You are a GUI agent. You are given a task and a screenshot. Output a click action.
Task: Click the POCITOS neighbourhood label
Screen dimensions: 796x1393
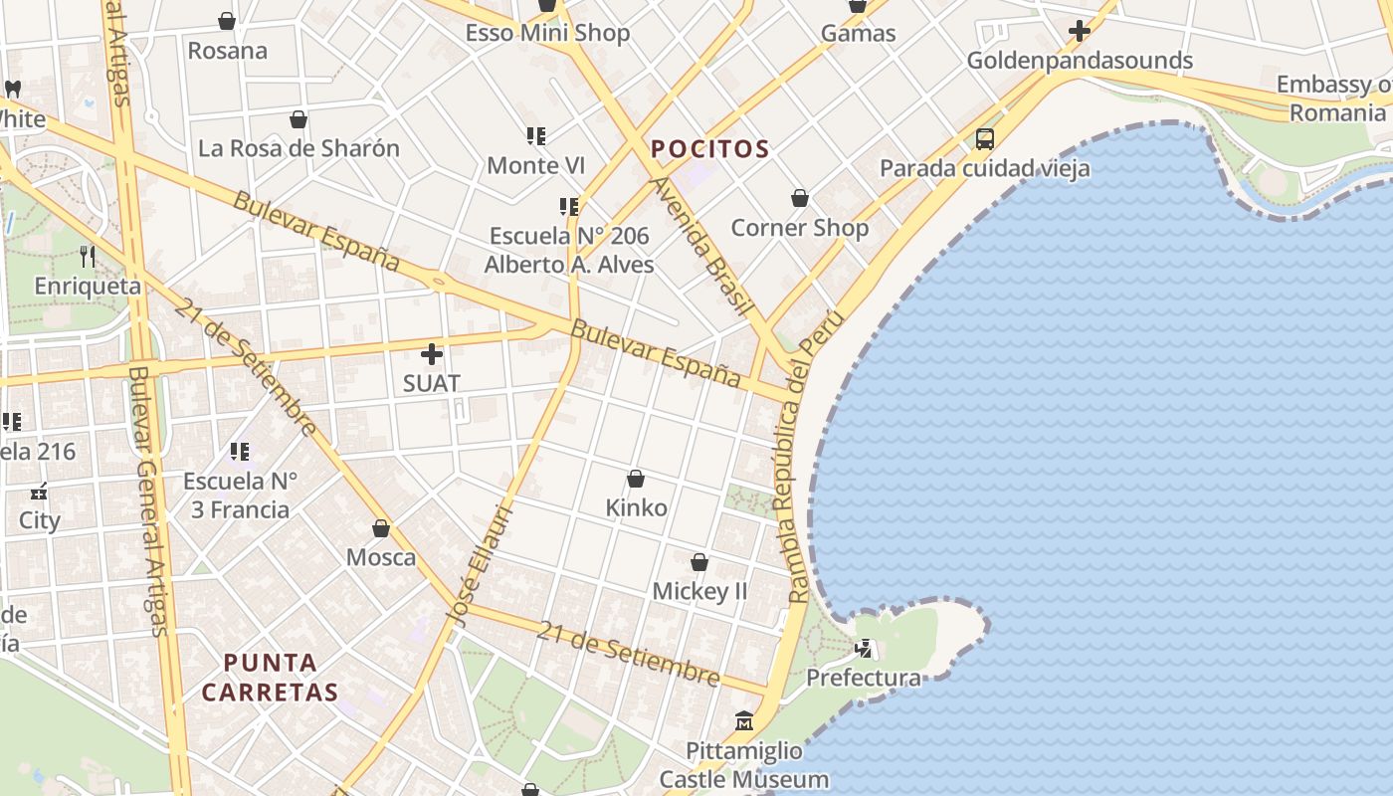tap(709, 150)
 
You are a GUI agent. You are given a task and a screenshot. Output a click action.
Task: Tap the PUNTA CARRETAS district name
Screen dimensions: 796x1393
tap(270, 677)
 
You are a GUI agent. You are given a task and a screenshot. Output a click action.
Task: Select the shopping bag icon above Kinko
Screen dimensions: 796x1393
tap(636, 479)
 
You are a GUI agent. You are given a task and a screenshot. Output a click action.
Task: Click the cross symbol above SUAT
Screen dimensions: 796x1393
tap(432, 353)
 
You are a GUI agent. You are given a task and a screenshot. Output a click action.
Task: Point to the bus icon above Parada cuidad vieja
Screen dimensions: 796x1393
tap(985, 139)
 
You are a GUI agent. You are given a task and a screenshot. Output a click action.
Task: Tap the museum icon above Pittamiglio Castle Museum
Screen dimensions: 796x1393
tap(744, 720)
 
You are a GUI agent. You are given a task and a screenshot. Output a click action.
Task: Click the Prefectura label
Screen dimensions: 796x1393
tap(863, 678)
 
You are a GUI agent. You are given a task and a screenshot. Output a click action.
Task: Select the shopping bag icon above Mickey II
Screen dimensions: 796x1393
tap(699, 562)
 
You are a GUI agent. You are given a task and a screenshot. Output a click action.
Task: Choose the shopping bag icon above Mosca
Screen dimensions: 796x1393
tap(381, 528)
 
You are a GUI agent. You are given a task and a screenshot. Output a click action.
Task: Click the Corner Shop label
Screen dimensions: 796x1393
tap(799, 228)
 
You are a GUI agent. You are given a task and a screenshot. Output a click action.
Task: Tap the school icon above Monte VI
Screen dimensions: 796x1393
tap(536, 135)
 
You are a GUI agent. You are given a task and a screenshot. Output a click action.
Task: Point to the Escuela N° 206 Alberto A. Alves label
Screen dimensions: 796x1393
tap(569, 250)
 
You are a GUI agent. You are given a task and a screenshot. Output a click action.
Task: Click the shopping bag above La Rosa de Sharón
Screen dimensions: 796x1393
tap(298, 120)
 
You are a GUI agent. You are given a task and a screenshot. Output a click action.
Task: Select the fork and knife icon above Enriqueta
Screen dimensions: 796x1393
tap(88, 257)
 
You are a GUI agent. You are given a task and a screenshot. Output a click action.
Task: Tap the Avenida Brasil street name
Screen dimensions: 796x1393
tap(699, 245)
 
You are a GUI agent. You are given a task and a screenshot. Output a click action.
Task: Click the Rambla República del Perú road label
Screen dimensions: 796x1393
tap(813, 458)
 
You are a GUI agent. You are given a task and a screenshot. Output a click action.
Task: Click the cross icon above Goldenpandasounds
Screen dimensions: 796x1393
tap(1080, 31)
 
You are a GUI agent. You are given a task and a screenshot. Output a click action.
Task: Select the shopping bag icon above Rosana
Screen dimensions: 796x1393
tap(227, 21)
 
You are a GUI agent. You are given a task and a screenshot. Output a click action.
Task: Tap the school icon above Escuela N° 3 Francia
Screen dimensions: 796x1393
tap(240, 453)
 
